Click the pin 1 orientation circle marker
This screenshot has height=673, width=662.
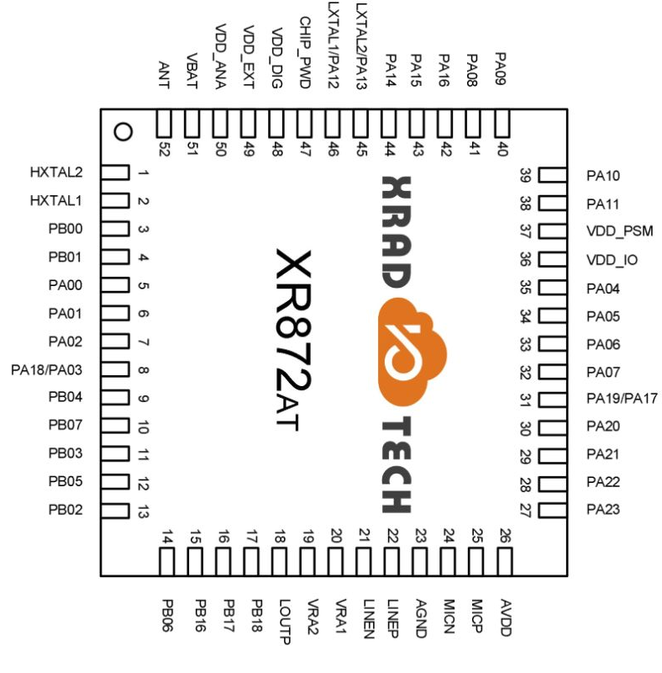[x=123, y=132]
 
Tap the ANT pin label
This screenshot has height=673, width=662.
[x=164, y=75]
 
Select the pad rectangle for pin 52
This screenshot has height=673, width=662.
[x=164, y=124]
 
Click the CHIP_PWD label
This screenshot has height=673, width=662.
[x=305, y=52]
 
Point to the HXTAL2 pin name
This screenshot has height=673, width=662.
[x=56, y=172]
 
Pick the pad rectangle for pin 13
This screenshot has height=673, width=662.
[x=115, y=511]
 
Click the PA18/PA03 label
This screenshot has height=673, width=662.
[x=46, y=369]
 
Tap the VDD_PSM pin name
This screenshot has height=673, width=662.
[x=619, y=231]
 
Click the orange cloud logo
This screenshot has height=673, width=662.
[x=412, y=352]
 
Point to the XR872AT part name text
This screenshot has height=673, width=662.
[x=293, y=339]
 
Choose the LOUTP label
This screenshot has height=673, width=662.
[x=285, y=622]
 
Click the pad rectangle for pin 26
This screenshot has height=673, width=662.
[x=505, y=561]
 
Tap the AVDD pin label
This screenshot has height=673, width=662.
[x=506, y=617]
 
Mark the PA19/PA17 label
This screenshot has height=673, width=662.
[x=622, y=398]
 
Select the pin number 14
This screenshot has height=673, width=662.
[x=167, y=538]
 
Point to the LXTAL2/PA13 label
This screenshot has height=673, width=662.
[x=361, y=46]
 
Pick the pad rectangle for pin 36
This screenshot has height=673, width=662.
[x=553, y=260]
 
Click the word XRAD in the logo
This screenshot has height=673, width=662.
[x=397, y=232]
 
